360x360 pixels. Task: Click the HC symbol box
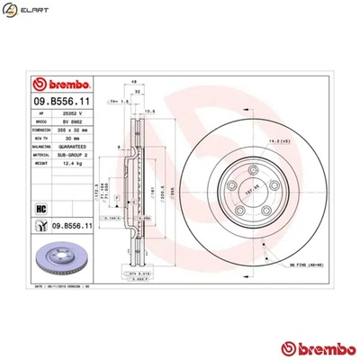(40, 208)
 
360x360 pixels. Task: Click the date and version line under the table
(63, 284)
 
